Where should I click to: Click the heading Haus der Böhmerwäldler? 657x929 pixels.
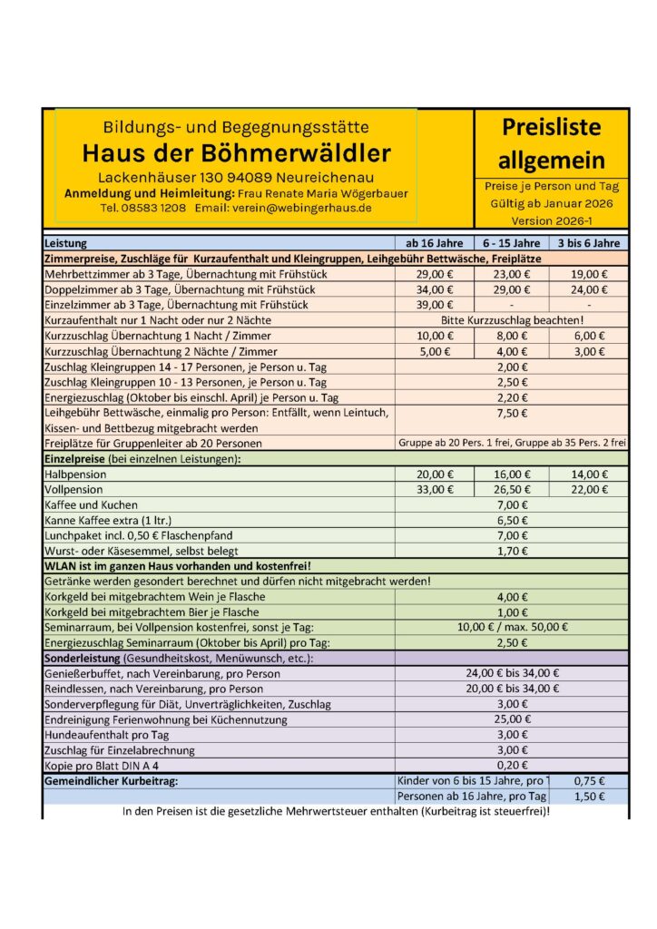point(236,152)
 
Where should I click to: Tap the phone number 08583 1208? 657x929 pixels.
point(156,208)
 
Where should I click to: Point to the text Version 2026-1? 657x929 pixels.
point(551,220)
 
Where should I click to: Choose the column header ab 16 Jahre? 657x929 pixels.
point(435,243)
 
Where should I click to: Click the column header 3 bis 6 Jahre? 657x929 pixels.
point(589,243)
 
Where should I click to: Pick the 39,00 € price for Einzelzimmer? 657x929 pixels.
point(435,305)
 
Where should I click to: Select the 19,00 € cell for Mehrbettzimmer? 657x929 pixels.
point(589,274)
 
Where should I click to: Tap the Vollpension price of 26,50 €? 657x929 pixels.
point(512,490)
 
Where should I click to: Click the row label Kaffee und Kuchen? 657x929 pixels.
point(91,505)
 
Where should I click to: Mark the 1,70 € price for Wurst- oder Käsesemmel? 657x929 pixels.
point(512,551)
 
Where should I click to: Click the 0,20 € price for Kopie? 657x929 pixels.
point(512,765)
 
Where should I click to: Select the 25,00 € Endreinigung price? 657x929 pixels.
point(512,719)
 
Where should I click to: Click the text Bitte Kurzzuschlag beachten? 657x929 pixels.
point(512,320)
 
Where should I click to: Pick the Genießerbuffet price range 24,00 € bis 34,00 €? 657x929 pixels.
point(512,673)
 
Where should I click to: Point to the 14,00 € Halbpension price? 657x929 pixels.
point(589,474)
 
